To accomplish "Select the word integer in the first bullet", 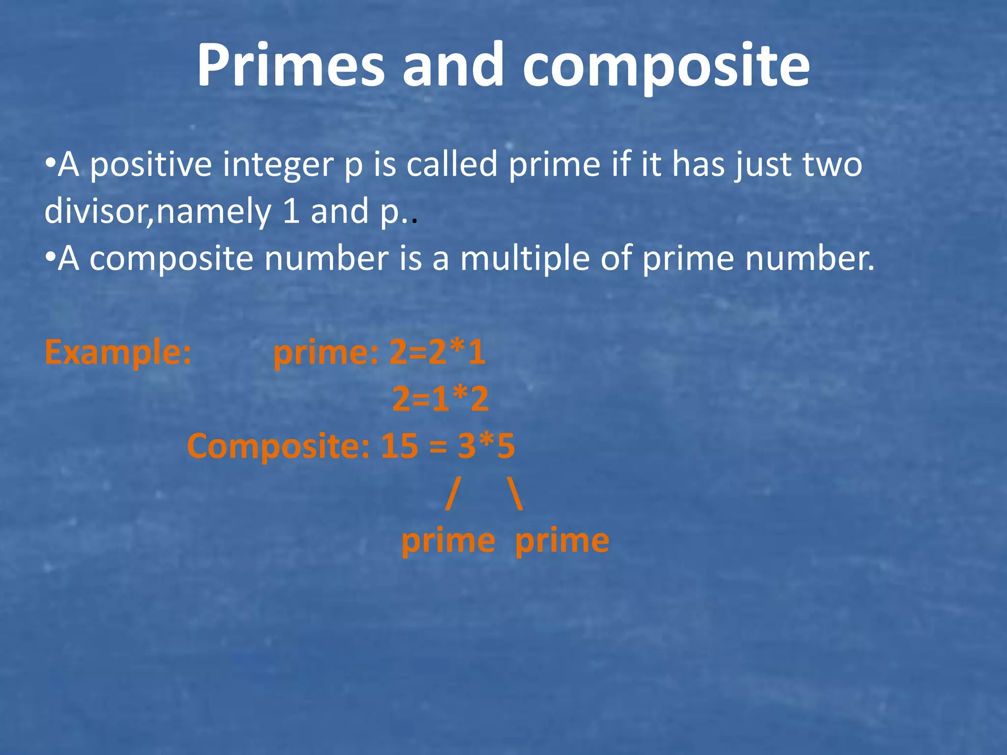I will tap(278, 165).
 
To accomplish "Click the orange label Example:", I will tap(118, 352).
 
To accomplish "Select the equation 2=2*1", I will tap(438, 352).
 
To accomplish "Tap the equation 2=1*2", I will tap(441, 399).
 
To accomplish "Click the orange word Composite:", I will tap(278, 446).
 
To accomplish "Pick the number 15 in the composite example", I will tap(399, 446).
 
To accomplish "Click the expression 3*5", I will tap(486, 446).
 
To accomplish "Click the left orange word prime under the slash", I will tap(448, 541).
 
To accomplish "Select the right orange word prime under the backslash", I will tap(562, 541).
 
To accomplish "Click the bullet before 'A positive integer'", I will tap(50, 164).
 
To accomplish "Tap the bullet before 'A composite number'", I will tap(50, 258).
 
